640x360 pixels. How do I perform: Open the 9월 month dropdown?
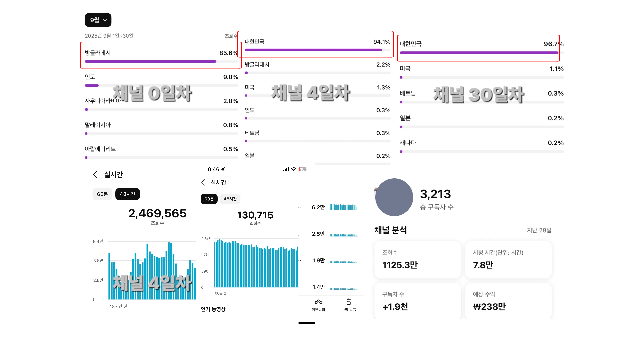98,20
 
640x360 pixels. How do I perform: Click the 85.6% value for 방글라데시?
228,53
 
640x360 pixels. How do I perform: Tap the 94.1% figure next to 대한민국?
382,42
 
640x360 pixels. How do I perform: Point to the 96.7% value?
553,44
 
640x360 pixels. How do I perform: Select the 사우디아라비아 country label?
102,101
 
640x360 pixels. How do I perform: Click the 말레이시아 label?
98,125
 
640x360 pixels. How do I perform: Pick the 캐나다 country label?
408,143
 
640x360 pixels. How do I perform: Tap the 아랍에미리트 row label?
100,149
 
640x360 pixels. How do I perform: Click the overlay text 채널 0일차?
152,93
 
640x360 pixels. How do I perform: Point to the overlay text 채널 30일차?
478,95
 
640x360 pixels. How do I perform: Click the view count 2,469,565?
157,214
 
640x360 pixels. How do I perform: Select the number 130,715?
255,215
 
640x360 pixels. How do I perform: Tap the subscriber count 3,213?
435,194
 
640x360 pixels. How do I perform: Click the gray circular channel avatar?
394,197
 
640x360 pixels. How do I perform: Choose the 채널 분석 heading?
390,230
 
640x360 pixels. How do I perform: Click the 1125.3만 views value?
400,265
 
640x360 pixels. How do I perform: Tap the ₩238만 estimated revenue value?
489,306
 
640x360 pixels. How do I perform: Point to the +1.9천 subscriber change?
395,306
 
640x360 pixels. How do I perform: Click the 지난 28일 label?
539,230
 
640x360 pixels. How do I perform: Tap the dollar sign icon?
348,302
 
